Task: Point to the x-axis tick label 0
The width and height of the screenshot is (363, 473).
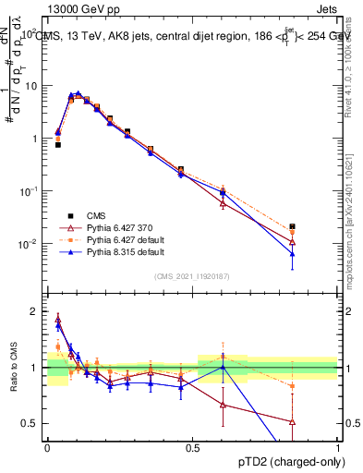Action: click(x=47, y=446)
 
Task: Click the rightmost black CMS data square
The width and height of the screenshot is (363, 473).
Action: click(x=292, y=226)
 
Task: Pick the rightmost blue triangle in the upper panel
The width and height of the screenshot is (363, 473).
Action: click(x=292, y=253)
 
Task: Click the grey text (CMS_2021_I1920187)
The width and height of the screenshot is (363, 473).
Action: click(x=191, y=275)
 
